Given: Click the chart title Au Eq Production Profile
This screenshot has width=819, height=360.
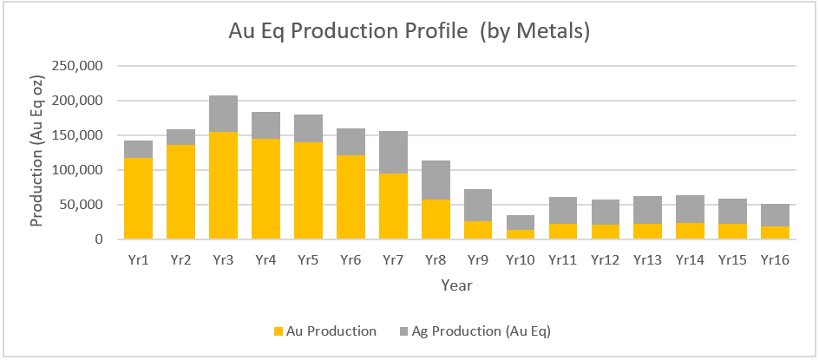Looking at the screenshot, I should point(409,31).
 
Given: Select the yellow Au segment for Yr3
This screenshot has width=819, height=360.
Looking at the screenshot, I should point(223,186).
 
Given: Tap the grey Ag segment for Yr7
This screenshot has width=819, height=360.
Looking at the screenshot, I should point(393,152).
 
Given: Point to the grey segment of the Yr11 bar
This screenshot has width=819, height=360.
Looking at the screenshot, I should point(563,210).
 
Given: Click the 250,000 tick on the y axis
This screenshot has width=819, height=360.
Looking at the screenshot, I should point(77,66).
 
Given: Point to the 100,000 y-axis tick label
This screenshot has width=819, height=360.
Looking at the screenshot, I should point(77,170).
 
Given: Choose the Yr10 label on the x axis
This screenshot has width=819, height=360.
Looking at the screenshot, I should point(521,260).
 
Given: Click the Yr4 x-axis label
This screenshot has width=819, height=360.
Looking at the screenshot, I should point(265,260).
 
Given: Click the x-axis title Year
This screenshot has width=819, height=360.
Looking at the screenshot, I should point(456,285).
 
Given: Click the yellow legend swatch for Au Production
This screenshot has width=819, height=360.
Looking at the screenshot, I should point(278,331).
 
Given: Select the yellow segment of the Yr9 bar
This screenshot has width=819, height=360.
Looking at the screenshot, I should point(478,230).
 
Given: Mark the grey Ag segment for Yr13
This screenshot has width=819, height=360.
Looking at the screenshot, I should point(648,210).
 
